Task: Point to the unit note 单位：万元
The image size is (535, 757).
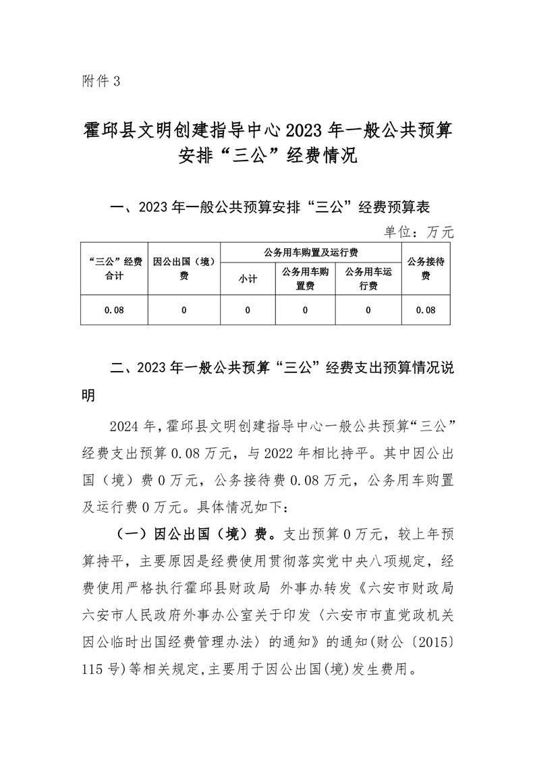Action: coord(419,232)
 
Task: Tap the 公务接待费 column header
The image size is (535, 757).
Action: coord(425,269)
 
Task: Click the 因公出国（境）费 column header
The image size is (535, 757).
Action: coord(184,269)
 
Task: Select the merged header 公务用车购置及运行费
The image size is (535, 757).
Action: coord(310,252)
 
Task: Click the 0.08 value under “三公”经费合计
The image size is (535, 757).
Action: coord(114,310)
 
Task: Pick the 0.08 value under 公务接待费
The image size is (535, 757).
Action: coord(425,310)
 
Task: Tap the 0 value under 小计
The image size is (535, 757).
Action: coord(248,310)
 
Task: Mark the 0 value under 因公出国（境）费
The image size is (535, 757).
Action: coord(184,310)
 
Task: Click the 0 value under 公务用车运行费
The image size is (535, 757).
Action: coord(368,310)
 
